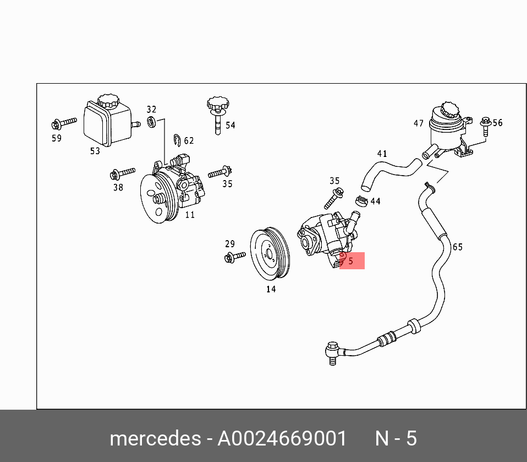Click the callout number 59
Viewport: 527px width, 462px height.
coord(57,138)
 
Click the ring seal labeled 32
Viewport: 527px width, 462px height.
coord(151,121)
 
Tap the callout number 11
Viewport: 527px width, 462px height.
coord(189,214)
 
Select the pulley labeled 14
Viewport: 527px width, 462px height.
coord(270,254)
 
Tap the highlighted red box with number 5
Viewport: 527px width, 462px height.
coord(352,261)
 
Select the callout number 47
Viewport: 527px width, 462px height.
coord(419,124)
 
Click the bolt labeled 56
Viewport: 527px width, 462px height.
coord(485,126)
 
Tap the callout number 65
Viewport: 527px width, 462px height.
coord(458,247)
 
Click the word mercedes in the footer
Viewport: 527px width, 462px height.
coord(156,439)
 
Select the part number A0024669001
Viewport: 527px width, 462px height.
coord(283,439)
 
